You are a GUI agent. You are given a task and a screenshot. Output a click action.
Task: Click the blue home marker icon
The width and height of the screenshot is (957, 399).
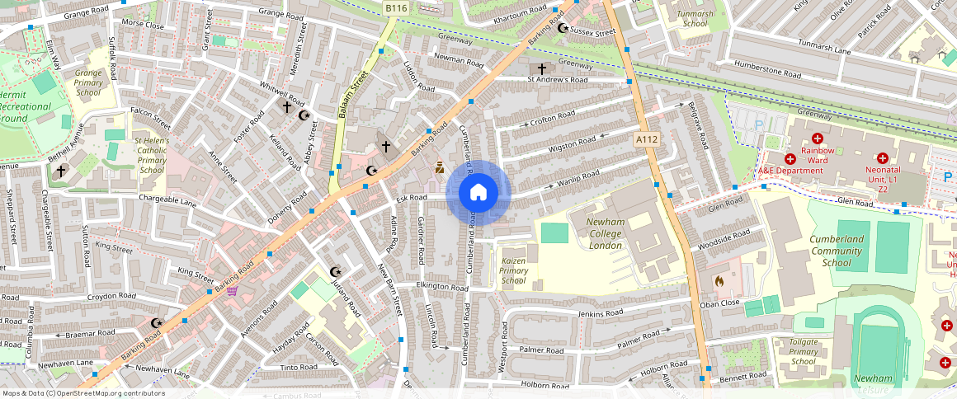pyautogui.click(x=478, y=193)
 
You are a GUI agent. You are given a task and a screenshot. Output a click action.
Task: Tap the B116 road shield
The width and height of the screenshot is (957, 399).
pyautogui.click(x=396, y=8)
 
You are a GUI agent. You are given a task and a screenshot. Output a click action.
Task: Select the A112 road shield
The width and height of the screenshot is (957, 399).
pyautogui.click(x=647, y=140)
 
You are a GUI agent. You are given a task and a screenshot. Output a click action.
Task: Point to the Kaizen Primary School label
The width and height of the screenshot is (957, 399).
pyautogui.click(x=513, y=270)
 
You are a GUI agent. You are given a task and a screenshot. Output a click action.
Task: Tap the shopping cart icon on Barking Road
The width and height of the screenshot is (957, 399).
pyautogui.click(x=233, y=291)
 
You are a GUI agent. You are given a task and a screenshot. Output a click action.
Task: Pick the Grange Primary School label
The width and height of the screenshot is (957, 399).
pyautogui.click(x=89, y=82)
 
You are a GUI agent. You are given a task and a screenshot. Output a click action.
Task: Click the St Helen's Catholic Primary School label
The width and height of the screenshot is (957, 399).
pyautogui.click(x=152, y=155)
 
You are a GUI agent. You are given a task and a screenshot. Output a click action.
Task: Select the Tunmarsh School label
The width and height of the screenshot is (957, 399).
pyautogui.click(x=695, y=18)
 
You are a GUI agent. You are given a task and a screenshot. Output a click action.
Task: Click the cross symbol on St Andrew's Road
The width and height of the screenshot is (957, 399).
pyautogui.click(x=542, y=68)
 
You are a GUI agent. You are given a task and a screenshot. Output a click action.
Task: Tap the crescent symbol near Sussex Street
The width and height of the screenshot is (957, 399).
pyautogui.click(x=563, y=28)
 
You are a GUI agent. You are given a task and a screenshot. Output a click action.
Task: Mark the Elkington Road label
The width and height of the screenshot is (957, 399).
pyautogui.click(x=442, y=287)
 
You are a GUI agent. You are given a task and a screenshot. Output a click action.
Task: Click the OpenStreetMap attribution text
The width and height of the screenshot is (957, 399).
pyautogui.click(x=82, y=393)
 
